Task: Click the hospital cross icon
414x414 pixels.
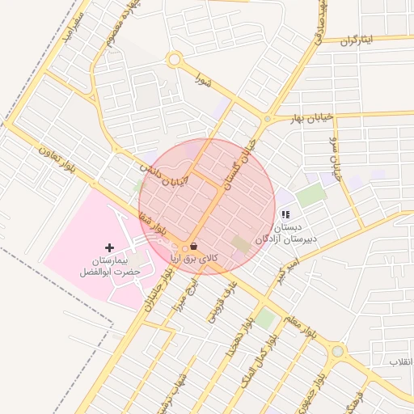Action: [110, 246]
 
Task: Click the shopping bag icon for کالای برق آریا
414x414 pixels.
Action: [192, 247]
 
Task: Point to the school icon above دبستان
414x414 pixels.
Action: [285, 214]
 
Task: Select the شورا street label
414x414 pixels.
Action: [203, 78]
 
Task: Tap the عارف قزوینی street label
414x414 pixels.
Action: [225, 303]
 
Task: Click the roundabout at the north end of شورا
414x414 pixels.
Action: [173, 59]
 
